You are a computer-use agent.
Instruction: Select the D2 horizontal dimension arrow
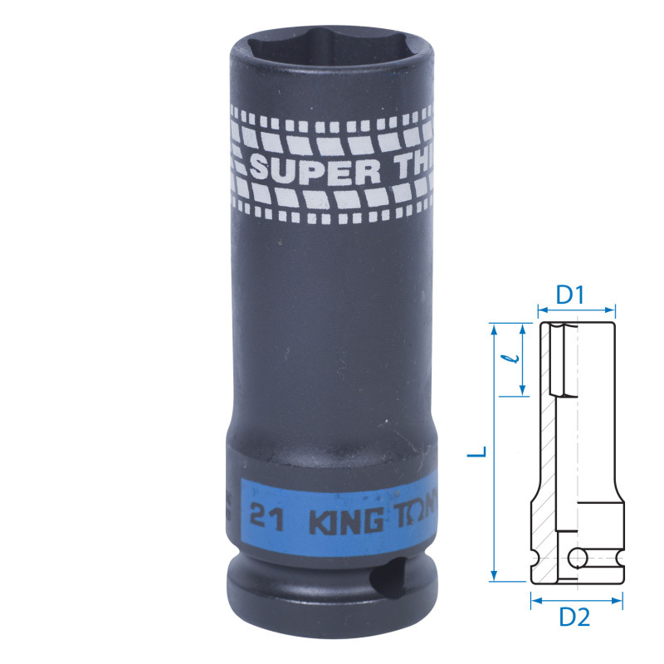(x=577, y=598)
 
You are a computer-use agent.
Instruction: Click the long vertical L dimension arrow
(x=494, y=452)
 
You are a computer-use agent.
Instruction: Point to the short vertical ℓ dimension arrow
(x=523, y=360)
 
